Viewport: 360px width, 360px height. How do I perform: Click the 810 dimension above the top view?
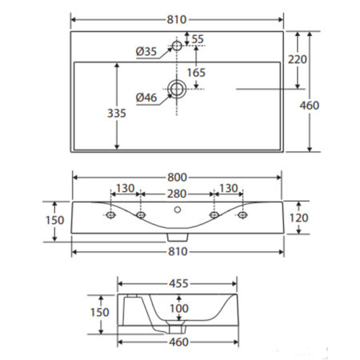[177, 19]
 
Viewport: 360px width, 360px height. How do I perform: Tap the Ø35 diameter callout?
[146, 51]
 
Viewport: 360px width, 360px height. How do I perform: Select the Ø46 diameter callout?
[146, 98]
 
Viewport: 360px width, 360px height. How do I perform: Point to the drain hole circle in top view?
[177, 89]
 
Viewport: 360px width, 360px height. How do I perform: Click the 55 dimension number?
[198, 39]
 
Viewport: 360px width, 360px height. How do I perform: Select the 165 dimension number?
[196, 73]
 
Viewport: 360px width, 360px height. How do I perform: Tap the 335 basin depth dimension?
[117, 113]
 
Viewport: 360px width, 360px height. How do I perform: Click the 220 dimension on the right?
[298, 59]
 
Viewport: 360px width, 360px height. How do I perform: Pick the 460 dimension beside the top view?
[310, 106]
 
